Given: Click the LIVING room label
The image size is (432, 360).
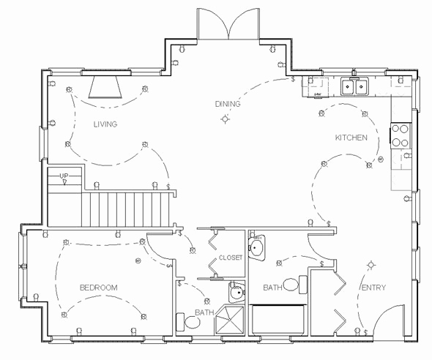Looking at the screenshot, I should pyautogui.click(x=105, y=124).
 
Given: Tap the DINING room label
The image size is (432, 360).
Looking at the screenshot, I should pyautogui.click(x=227, y=104).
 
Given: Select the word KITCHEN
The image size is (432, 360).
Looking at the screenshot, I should pyautogui.click(x=351, y=138).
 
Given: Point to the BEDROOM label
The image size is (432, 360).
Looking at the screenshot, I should pyautogui.click(x=98, y=288).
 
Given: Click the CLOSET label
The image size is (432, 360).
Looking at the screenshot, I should pyautogui.click(x=230, y=258).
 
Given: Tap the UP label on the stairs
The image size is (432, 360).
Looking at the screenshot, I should pyautogui.click(x=64, y=176).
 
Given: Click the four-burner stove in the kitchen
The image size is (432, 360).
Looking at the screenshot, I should pyautogui.click(x=401, y=135).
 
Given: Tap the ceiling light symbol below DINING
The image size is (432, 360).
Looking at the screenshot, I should pyautogui.click(x=223, y=120).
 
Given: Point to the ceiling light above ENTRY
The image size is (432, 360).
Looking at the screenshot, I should pyautogui.click(x=372, y=264).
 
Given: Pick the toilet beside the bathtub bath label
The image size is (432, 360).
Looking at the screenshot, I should pyautogui.click(x=291, y=283).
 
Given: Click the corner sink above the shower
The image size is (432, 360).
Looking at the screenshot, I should pyautogui.click(x=235, y=293).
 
